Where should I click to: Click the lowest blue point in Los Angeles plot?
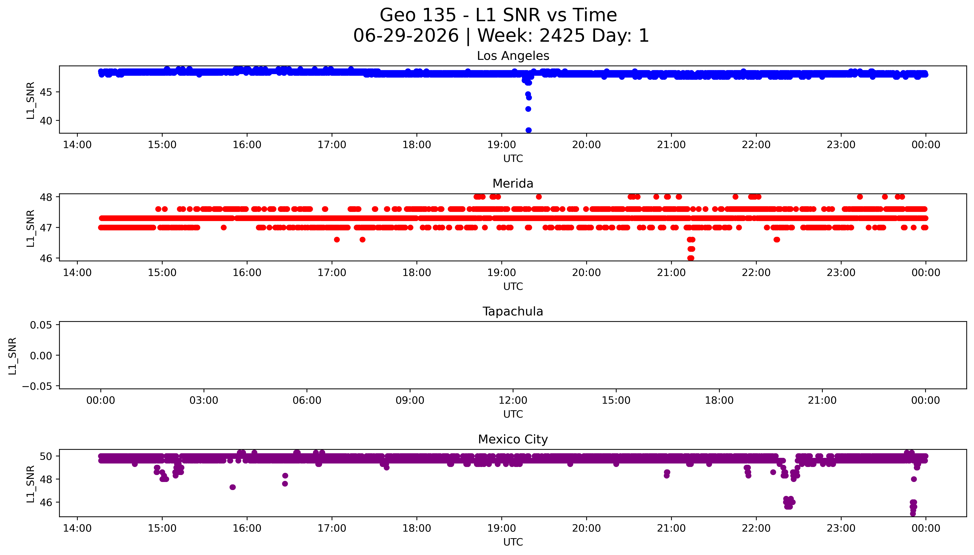528,130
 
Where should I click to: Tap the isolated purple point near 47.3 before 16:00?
233,487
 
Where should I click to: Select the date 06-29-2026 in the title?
406,36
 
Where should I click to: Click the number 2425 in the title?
562,36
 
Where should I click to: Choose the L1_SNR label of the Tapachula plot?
13,356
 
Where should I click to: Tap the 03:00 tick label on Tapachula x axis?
204,400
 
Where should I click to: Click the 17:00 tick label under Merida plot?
332,272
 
